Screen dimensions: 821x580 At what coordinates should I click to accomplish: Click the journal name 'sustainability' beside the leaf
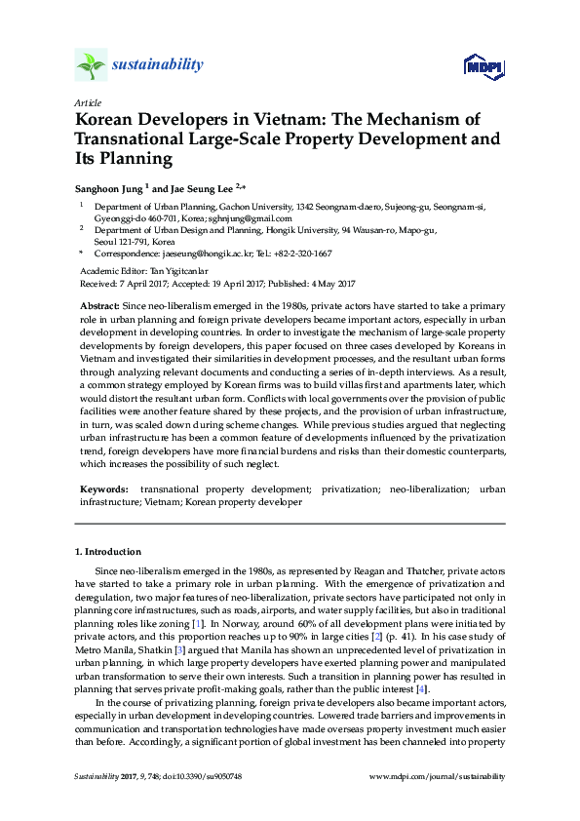pyautogui.click(x=158, y=65)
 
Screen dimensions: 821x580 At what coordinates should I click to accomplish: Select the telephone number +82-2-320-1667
pyautogui.click(x=300, y=253)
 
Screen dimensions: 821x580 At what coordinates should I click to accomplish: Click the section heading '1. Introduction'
pyautogui.click(x=108, y=552)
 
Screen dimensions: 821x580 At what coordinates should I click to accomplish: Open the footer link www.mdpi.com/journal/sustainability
pyautogui.click(x=439, y=776)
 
